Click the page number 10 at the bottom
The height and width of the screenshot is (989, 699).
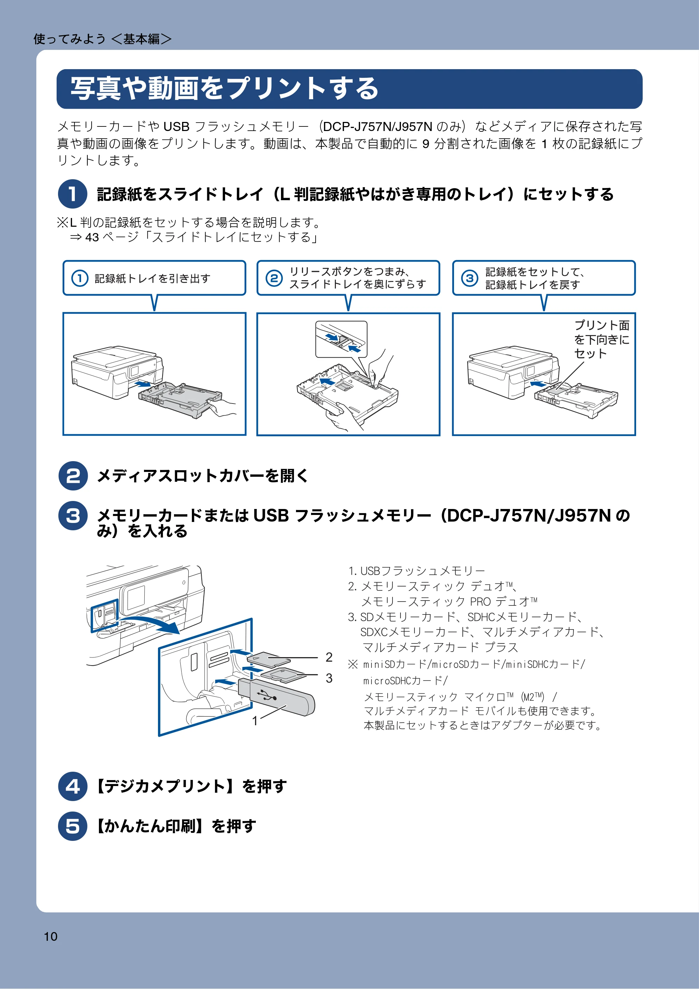pyautogui.click(x=50, y=937)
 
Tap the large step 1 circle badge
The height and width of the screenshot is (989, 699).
pyautogui.click(x=73, y=194)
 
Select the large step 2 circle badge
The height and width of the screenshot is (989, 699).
pyautogui.click(x=73, y=475)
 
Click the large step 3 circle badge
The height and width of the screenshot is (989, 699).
pyautogui.click(x=73, y=515)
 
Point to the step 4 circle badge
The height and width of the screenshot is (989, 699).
pyautogui.click(x=73, y=786)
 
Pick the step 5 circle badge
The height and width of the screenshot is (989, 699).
pyautogui.click(x=73, y=826)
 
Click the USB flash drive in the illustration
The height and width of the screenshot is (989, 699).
pyautogui.click(x=276, y=697)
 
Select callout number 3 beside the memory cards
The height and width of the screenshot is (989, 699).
pyautogui.click(x=329, y=678)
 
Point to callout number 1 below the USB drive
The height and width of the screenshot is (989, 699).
pyautogui.click(x=255, y=720)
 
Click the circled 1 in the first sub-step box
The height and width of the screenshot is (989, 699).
pyautogui.click(x=80, y=278)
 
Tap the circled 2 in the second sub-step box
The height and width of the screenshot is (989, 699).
pyautogui.click(x=274, y=278)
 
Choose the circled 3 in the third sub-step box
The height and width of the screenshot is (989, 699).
pyautogui.click(x=470, y=278)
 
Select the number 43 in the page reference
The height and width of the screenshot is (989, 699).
pyautogui.click(x=92, y=237)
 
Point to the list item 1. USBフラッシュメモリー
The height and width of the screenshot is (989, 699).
pyautogui.click(x=416, y=571)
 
